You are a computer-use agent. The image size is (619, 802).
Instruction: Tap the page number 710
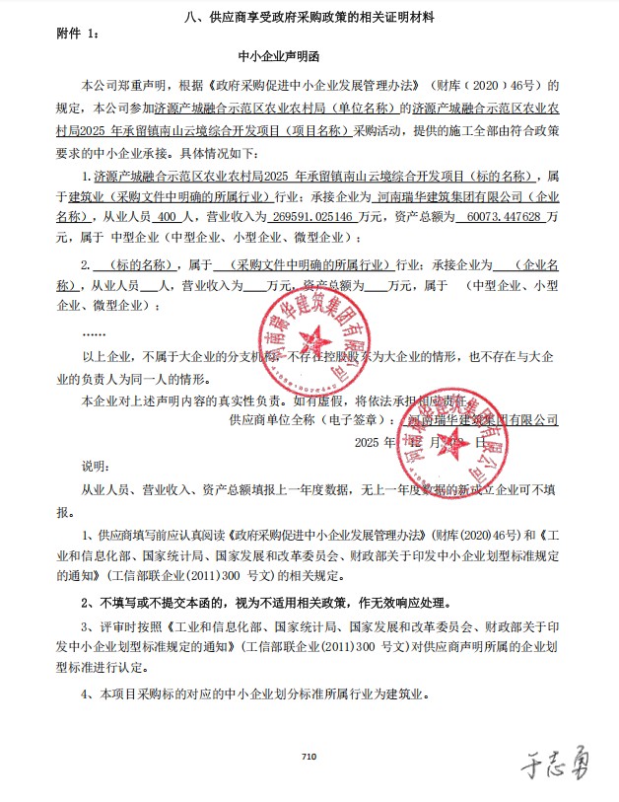[x=309, y=756]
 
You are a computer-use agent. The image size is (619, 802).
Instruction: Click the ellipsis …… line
[x=95, y=332]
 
